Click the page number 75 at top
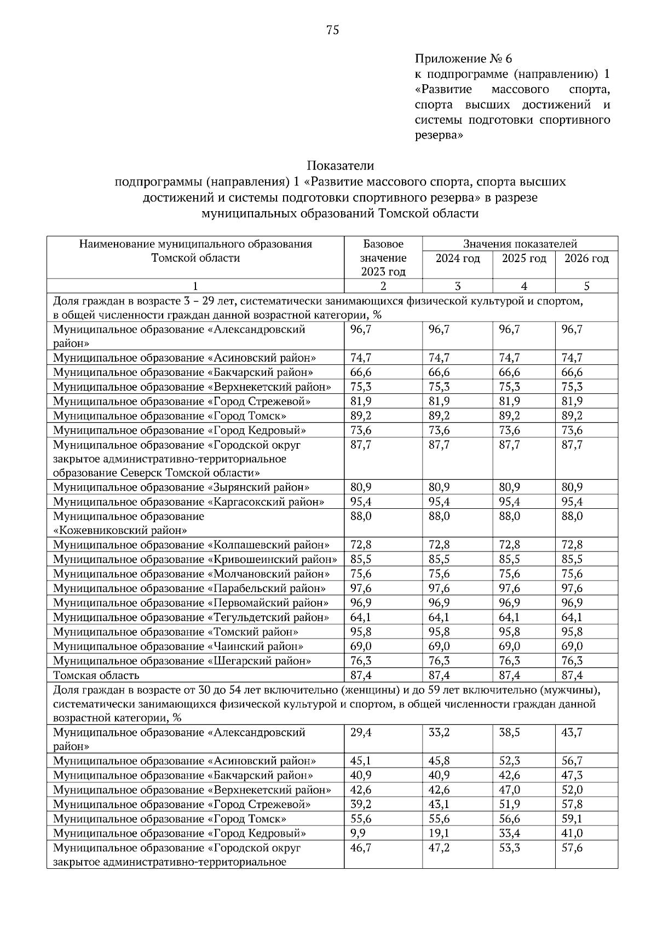tap(332, 30)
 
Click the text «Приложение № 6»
tap(463, 58)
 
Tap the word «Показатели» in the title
tap(340, 165)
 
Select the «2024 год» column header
tap(457, 258)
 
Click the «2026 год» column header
tap(586, 258)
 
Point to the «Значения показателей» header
tap(520, 244)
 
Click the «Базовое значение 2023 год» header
tap(383, 258)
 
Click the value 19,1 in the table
tap(439, 833)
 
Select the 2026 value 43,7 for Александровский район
tap(572, 732)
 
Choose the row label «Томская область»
tap(96, 675)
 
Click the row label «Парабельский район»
tap(189, 588)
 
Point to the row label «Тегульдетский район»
tap(191, 617)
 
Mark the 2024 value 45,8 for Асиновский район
tap(439, 761)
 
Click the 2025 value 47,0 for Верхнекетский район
tap(509, 790)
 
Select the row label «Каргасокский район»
tap(188, 502)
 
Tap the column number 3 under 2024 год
tap(457, 286)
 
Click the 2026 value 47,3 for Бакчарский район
tap(572, 775)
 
